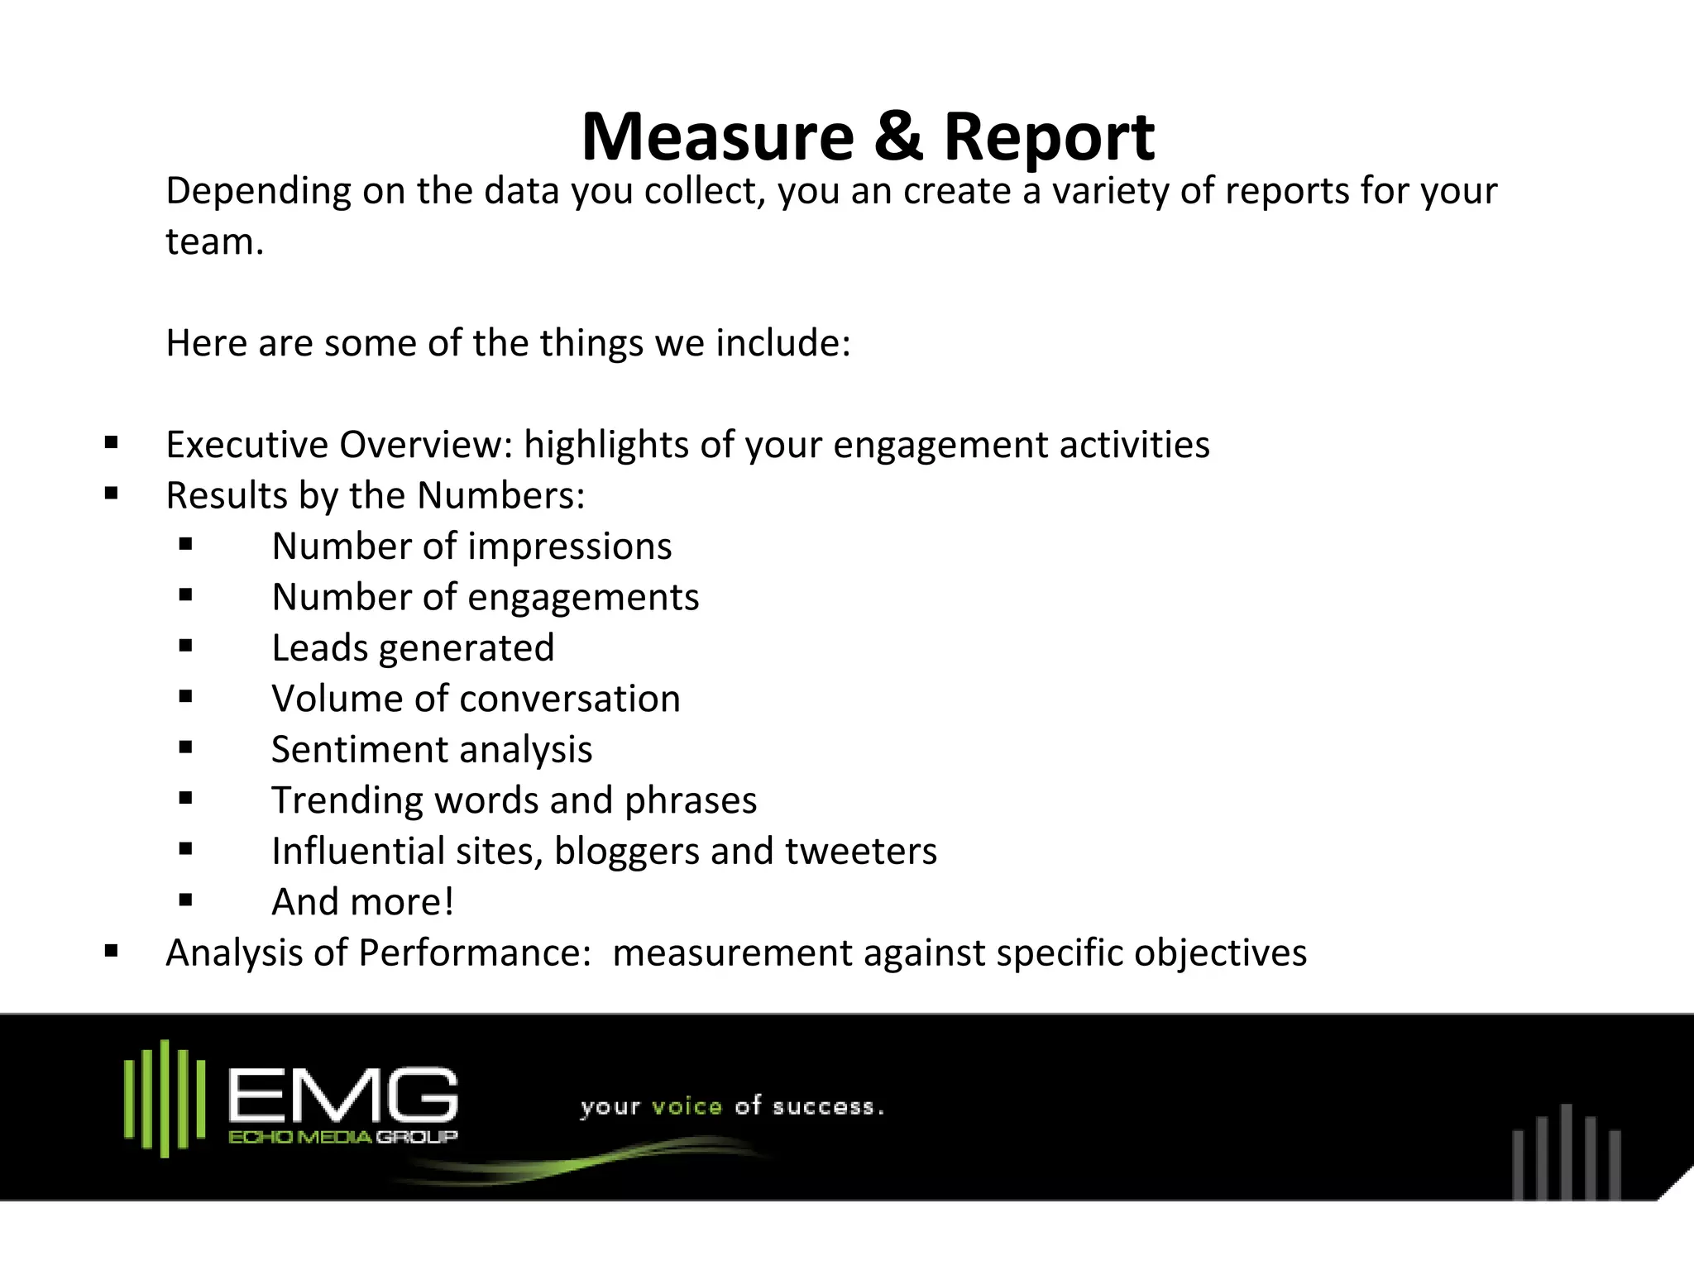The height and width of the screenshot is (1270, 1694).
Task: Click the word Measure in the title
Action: pyautogui.click(x=717, y=137)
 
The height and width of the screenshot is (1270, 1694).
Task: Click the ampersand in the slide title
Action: pyautogui.click(x=898, y=137)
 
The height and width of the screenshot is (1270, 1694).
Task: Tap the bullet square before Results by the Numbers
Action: pyautogui.click(x=112, y=494)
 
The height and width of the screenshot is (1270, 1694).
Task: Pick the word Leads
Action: pyautogui.click(x=319, y=648)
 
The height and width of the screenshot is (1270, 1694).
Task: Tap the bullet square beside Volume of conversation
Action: pyautogui.click(x=185, y=697)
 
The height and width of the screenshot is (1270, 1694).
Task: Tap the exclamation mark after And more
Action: pyautogui.click(x=449, y=902)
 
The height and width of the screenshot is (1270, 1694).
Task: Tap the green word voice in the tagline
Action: pyautogui.click(x=687, y=1106)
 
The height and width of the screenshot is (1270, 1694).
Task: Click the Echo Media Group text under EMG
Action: pyautogui.click(x=342, y=1138)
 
